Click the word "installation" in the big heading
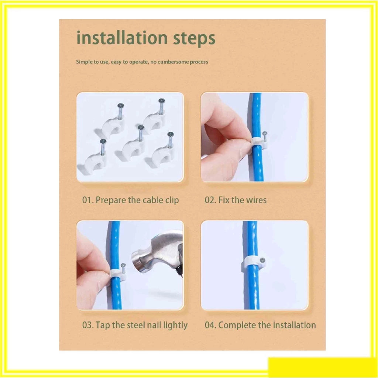[x=122, y=38]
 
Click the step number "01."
[x=88, y=200]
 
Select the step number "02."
[x=210, y=200]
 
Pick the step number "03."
[x=88, y=325]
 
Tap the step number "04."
[x=210, y=325]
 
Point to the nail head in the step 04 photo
[x=262, y=260]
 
